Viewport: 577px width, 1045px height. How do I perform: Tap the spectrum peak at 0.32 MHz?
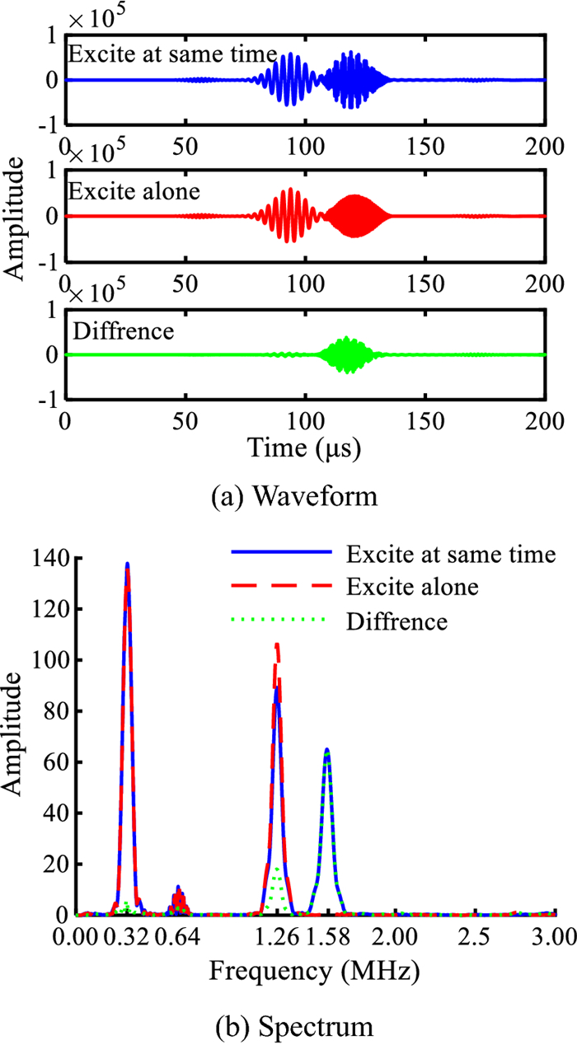(x=127, y=565)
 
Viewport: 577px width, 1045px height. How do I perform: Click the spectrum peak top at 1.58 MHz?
(x=327, y=750)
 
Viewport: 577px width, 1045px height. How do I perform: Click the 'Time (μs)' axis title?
(x=306, y=449)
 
